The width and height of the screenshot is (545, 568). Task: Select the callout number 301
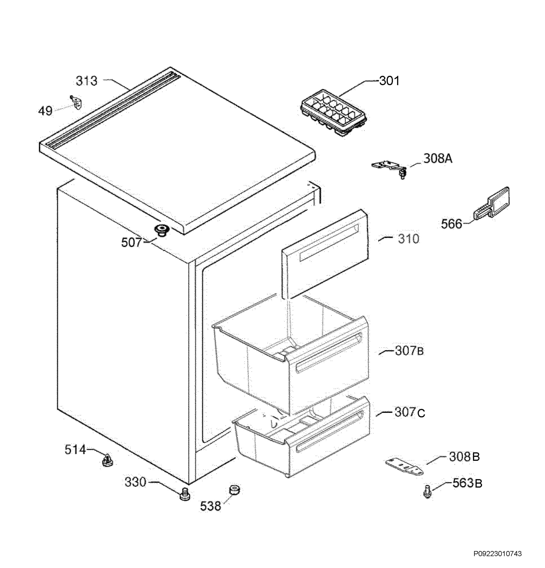coord(389,81)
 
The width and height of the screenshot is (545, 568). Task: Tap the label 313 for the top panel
coord(87,81)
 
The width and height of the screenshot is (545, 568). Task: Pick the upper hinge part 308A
coord(390,168)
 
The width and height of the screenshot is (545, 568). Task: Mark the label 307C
coord(410,412)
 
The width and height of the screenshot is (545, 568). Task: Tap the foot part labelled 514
coord(107,460)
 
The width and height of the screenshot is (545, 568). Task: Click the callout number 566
coord(451,224)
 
